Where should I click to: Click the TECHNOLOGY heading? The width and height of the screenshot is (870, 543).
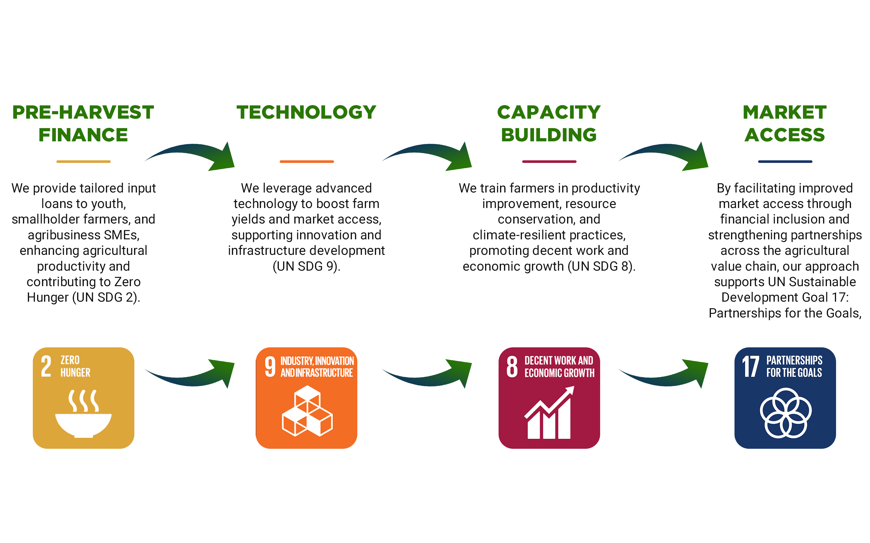pyautogui.click(x=306, y=112)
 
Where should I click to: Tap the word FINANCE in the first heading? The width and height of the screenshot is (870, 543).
pyautogui.click(x=83, y=135)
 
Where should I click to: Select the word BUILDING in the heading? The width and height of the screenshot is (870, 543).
pyautogui.click(x=549, y=135)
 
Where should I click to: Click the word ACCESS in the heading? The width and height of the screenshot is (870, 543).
pyautogui.click(x=785, y=135)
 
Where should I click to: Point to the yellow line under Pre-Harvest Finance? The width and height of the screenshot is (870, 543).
pyautogui.click(x=83, y=161)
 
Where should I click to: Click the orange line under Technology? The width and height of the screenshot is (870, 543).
pyautogui.click(x=307, y=161)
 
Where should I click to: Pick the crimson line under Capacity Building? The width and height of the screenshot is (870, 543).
pyautogui.click(x=549, y=161)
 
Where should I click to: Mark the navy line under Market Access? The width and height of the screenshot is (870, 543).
pyautogui.click(x=785, y=161)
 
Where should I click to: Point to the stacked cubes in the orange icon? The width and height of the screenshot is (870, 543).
pyautogui.click(x=307, y=411)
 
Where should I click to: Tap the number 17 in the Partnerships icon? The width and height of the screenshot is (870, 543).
pyautogui.click(x=751, y=366)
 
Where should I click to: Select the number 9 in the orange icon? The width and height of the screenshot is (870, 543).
pyautogui.click(x=270, y=366)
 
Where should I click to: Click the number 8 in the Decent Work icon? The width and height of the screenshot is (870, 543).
pyautogui.click(x=512, y=366)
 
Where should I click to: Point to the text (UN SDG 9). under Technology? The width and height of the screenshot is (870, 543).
pyautogui.click(x=306, y=267)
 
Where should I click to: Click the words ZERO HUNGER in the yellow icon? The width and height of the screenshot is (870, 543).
pyautogui.click(x=75, y=366)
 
